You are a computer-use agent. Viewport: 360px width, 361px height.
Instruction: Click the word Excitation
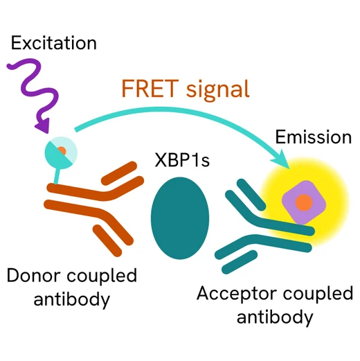coord(53,43)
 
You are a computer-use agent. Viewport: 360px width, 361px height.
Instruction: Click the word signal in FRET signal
coord(215,89)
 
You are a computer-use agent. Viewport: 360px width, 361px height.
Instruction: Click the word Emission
coord(313,137)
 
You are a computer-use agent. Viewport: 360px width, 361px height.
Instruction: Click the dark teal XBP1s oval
coord(180,213)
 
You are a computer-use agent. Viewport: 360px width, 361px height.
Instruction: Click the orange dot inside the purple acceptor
coord(303,202)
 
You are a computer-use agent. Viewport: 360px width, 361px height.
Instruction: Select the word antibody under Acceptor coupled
coord(275,317)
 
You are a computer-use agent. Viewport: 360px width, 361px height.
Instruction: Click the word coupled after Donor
coord(105,276)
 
